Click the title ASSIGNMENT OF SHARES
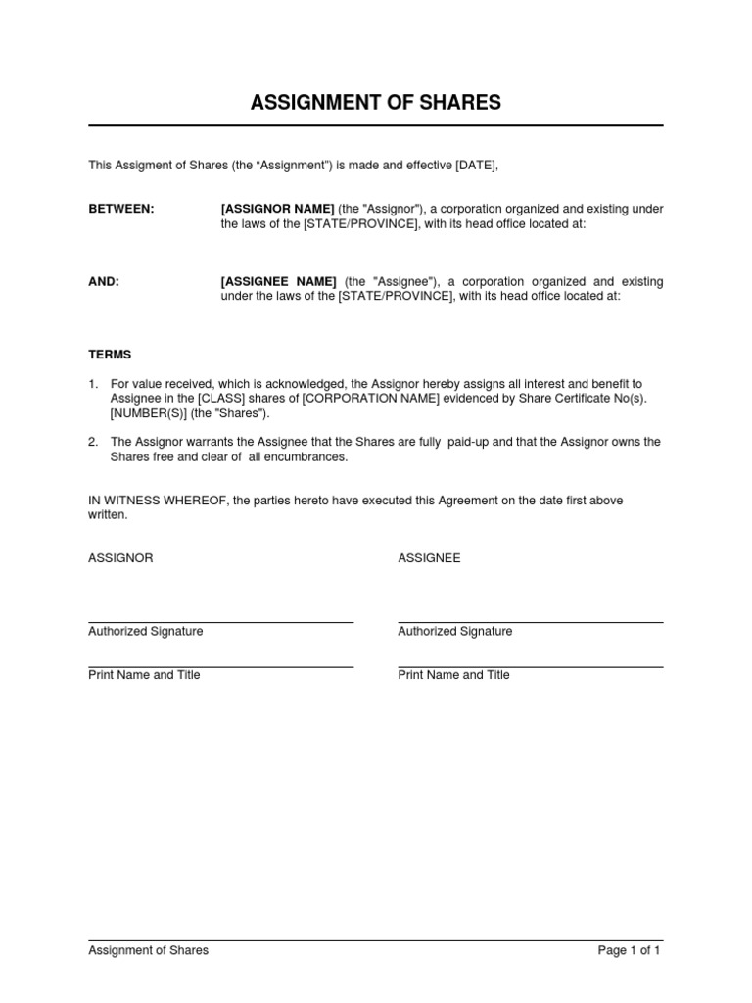[376, 103]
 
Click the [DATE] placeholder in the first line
[477, 166]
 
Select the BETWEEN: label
[121, 208]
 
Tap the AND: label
[104, 281]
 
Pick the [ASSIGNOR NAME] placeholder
[278, 208]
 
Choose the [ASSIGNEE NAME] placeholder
[279, 281]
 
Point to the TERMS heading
[110, 355]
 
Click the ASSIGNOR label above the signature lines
[120, 558]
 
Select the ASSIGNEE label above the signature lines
[429, 558]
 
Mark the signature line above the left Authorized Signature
[220, 622]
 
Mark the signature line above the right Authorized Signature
[530, 622]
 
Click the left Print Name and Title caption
[144, 675]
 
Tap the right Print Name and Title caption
[453, 675]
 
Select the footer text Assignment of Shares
[148, 950]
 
